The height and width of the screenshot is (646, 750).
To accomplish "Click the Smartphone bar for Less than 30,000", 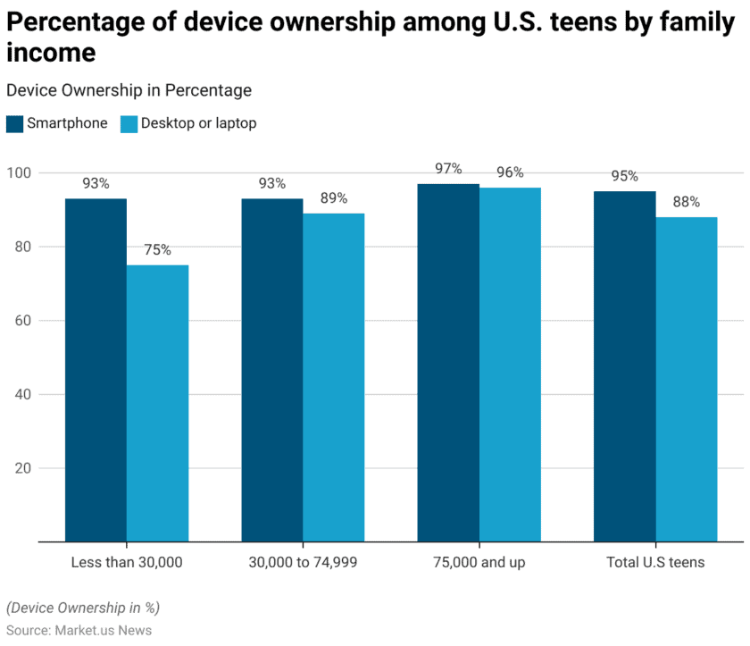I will click(x=96, y=370).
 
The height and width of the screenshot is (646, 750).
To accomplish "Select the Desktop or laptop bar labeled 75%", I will click(x=157, y=403).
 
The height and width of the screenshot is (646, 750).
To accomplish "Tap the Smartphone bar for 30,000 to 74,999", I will click(x=271, y=370).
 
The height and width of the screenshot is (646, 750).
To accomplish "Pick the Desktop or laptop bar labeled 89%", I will click(x=333, y=377).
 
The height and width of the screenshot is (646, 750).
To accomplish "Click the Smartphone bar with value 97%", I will click(x=448, y=363).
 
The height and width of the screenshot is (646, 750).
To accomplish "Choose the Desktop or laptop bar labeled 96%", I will click(x=510, y=365).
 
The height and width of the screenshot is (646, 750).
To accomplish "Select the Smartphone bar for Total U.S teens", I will click(x=625, y=366).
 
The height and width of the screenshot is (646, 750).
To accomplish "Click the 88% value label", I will click(x=687, y=202).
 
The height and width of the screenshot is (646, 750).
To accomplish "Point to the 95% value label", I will click(x=625, y=176).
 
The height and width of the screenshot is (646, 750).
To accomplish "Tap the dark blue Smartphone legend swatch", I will click(x=14, y=123).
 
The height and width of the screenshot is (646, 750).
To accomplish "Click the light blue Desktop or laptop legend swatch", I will click(x=129, y=123).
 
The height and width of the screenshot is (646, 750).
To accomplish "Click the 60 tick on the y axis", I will click(x=21, y=321).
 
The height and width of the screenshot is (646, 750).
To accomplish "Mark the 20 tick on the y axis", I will click(x=21, y=468).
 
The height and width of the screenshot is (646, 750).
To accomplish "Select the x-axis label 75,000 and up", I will click(x=479, y=562).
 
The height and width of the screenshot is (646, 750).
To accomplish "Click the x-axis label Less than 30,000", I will click(x=127, y=562).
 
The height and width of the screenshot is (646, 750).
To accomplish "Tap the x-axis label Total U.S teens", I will click(x=655, y=562).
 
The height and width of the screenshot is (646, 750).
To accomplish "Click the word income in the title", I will click(x=51, y=53).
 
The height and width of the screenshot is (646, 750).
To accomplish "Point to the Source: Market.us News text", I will click(x=79, y=630).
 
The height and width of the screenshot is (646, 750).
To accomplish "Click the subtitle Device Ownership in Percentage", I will click(x=129, y=90).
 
